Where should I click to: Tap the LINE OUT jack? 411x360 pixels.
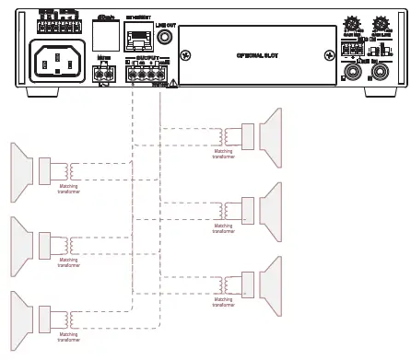[x=165, y=38]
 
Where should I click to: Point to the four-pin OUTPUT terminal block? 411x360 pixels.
[x=148, y=76]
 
